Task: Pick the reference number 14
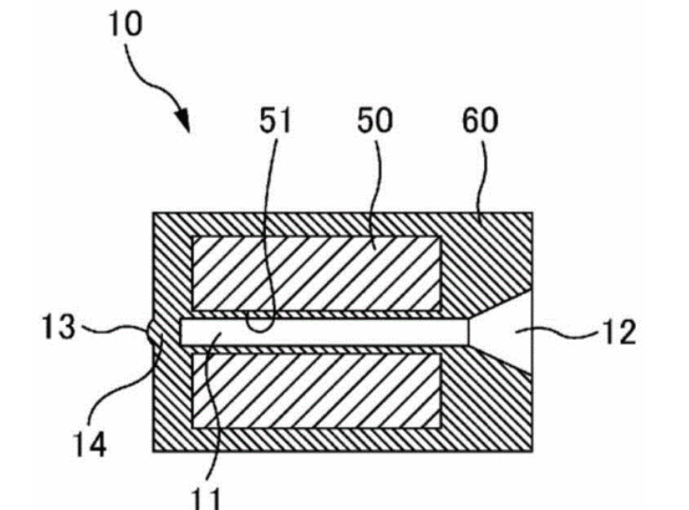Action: coord(88,445)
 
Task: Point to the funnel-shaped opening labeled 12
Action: coord(510,331)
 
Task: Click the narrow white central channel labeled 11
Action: coord(349,331)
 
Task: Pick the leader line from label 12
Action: coord(567,331)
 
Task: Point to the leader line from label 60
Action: coord(479,187)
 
